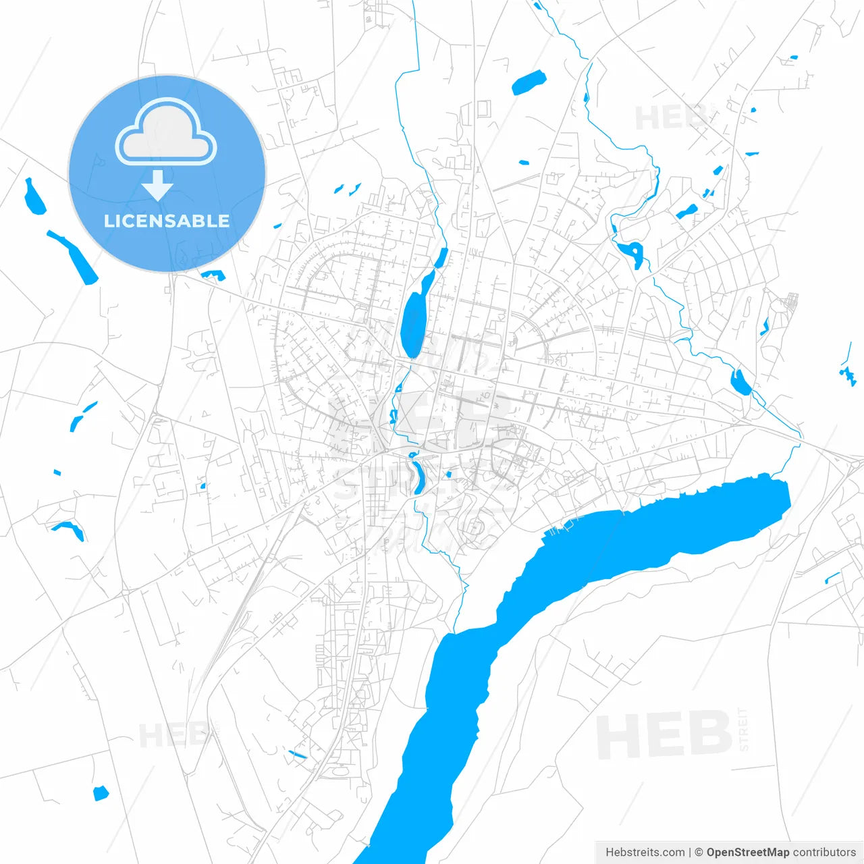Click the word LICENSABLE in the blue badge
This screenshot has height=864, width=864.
(167, 221)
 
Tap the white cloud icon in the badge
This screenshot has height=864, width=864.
(166, 132)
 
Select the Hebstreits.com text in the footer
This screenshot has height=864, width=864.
(645, 853)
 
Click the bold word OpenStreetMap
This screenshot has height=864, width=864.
(748, 853)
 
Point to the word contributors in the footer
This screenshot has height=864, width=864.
(824, 853)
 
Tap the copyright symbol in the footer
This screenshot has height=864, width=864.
(699, 853)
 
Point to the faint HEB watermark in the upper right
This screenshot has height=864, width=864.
(668, 118)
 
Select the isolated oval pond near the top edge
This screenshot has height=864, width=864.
(528, 82)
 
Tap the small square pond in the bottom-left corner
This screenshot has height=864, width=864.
(101, 793)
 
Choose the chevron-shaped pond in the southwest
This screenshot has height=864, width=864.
(70, 529)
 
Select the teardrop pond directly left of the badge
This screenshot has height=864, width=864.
(34, 197)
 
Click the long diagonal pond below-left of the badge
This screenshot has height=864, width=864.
(73, 256)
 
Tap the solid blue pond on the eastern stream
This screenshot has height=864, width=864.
(740, 382)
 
